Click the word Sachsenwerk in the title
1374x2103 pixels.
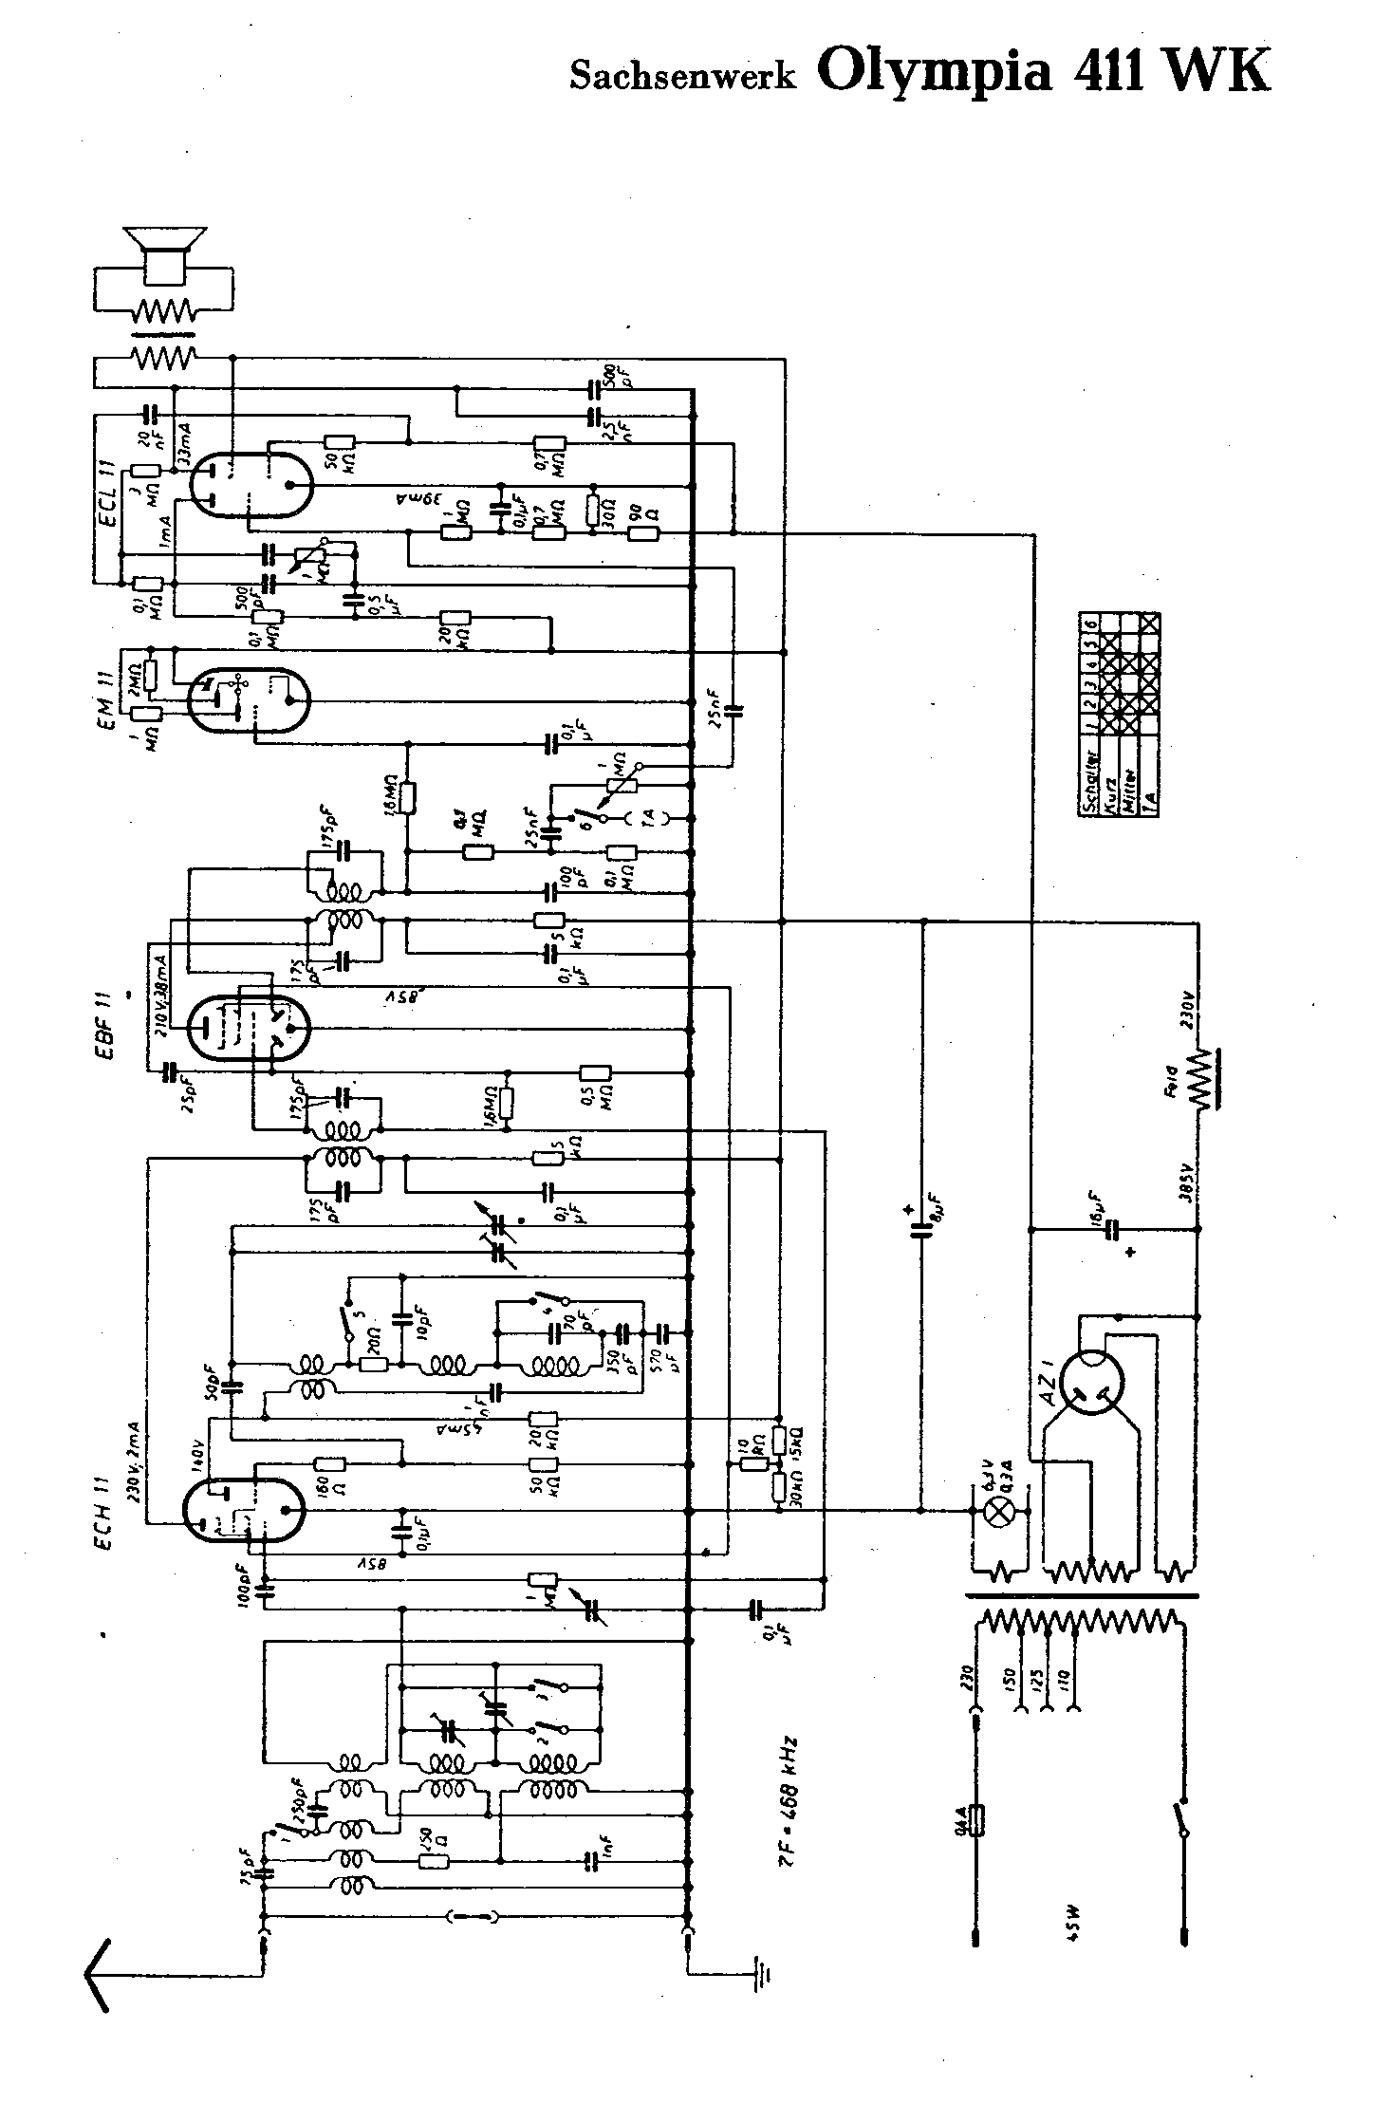(682, 77)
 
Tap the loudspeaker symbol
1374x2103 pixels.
(164, 251)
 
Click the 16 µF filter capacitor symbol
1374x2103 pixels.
(1114, 1231)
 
